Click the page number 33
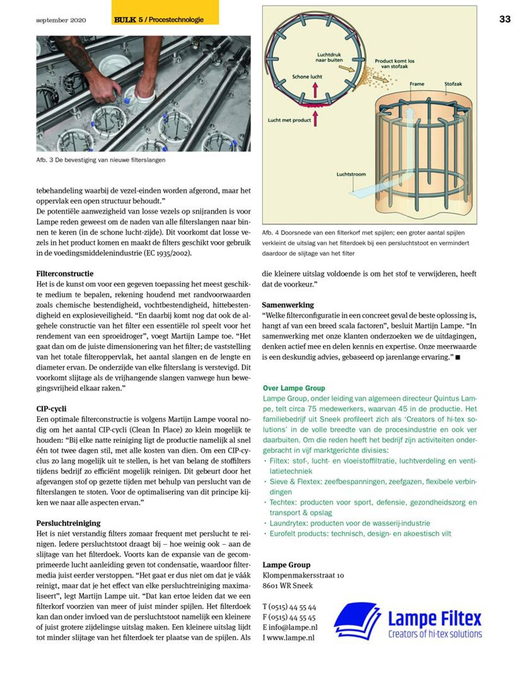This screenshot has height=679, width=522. pos(505,19)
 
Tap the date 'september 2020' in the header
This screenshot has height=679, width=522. pos(61,20)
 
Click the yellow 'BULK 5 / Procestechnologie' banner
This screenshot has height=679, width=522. pos(164,20)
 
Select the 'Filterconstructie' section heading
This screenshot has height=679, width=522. pos(65,273)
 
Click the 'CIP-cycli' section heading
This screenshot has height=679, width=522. pos(51,409)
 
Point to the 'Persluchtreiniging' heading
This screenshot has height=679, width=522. pos(69,523)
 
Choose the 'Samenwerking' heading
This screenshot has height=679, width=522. pos(288,305)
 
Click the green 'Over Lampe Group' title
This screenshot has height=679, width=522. pos(294,388)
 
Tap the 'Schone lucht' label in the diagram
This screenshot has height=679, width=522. pos(307,77)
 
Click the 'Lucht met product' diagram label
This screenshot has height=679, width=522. pos(289,120)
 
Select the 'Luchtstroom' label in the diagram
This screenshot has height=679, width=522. pos(351,175)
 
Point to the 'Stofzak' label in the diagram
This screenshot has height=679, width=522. pos(453,84)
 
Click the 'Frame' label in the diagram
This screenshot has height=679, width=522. pos(417,84)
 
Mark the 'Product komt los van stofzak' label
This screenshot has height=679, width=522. pos(394,64)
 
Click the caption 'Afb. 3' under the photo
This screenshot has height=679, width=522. pos(101,160)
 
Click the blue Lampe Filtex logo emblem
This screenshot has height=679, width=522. pos(357,622)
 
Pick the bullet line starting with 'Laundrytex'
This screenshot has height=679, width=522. pos(349,523)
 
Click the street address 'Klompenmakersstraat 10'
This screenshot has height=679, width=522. pos(303,575)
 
